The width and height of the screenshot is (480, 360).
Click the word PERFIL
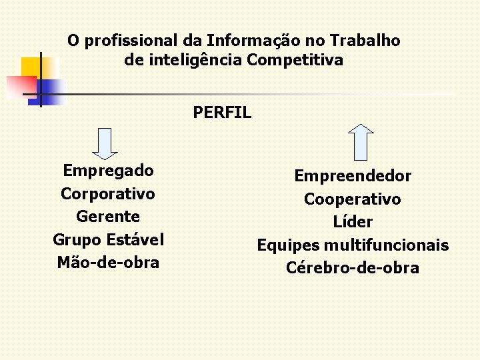point(222,113)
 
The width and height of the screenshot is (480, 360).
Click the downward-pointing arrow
point(105,143)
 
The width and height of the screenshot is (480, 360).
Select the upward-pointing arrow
point(361,141)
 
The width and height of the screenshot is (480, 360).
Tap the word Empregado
point(108,171)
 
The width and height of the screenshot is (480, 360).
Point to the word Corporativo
point(108,194)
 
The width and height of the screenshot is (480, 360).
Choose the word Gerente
point(108,217)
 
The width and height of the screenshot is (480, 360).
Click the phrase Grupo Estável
point(108,239)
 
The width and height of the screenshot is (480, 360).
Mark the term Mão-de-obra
point(108,262)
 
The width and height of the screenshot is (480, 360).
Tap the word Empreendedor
point(353,177)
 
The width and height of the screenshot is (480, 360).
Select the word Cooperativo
point(353,199)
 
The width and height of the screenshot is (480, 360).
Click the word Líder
point(353,222)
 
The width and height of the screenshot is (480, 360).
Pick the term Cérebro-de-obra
point(353,268)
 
